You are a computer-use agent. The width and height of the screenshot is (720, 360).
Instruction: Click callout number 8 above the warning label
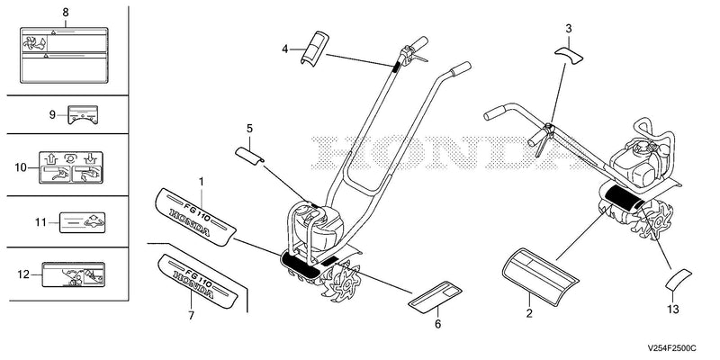coord(66,13)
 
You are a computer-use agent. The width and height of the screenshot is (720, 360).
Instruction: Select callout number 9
coord(53,114)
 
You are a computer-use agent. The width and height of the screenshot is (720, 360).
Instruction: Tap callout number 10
coord(21,167)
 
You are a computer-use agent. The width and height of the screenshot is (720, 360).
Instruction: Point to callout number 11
coord(40,222)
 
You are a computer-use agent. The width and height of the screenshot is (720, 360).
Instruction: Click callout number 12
coord(23,274)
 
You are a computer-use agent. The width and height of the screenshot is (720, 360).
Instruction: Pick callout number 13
coord(672,310)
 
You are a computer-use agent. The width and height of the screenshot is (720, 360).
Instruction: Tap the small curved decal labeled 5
coord(249,154)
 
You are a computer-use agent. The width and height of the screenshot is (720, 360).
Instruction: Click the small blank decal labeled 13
coord(679,280)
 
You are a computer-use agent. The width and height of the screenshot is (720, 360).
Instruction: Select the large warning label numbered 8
coord(64,55)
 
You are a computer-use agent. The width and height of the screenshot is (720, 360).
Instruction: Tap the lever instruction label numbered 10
coord(71,167)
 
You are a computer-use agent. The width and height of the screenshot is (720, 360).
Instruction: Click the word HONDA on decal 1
coord(190,222)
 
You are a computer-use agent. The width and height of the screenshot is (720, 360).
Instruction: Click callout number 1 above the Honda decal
coord(201,182)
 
